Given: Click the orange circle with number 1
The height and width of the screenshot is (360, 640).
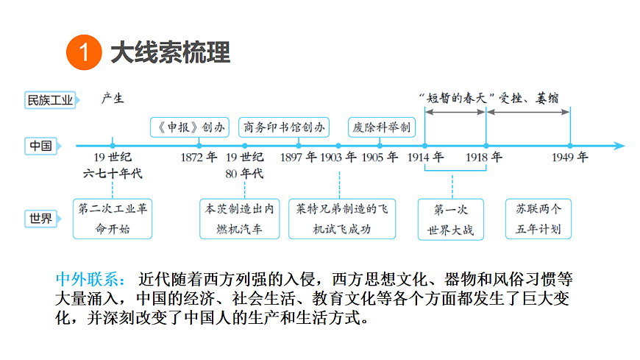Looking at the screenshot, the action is (x=84, y=52).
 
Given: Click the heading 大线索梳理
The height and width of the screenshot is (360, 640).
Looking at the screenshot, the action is (x=171, y=52).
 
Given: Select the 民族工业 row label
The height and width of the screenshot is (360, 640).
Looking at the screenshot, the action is (x=51, y=100).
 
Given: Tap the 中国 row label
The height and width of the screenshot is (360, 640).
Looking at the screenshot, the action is (x=41, y=146).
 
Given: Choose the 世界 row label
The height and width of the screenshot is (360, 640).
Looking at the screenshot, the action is (x=41, y=219).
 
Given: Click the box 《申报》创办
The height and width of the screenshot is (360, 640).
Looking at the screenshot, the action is (x=189, y=127).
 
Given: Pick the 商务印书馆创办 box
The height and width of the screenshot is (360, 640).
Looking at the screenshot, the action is (x=284, y=127).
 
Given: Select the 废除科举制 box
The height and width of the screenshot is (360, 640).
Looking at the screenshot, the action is (x=382, y=127).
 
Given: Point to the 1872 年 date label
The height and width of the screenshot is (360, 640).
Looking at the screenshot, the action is (x=199, y=158).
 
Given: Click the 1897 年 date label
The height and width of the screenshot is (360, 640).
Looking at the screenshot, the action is (x=299, y=158).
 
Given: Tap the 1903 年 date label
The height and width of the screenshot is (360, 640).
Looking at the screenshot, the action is (x=338, y=158).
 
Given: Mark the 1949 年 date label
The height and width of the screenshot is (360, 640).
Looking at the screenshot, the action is (x=570, y=158).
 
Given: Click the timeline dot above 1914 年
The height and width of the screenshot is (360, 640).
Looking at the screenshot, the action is (x=425, y=146).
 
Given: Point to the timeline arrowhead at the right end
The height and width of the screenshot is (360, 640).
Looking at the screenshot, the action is (x=619, y=146).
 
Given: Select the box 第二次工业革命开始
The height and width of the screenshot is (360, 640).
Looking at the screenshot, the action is (x=113, y=219).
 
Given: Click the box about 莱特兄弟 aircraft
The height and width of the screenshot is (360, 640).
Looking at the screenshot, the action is (x=342, y=219).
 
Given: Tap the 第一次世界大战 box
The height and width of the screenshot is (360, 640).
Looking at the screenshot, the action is (x=451, y=219).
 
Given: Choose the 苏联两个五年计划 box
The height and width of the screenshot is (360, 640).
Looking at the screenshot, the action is (x=538, y=219).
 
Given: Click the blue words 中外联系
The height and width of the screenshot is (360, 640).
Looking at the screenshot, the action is (x=90, y=280).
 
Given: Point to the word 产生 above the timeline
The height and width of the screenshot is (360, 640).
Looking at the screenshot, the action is (x=113, y=99).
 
